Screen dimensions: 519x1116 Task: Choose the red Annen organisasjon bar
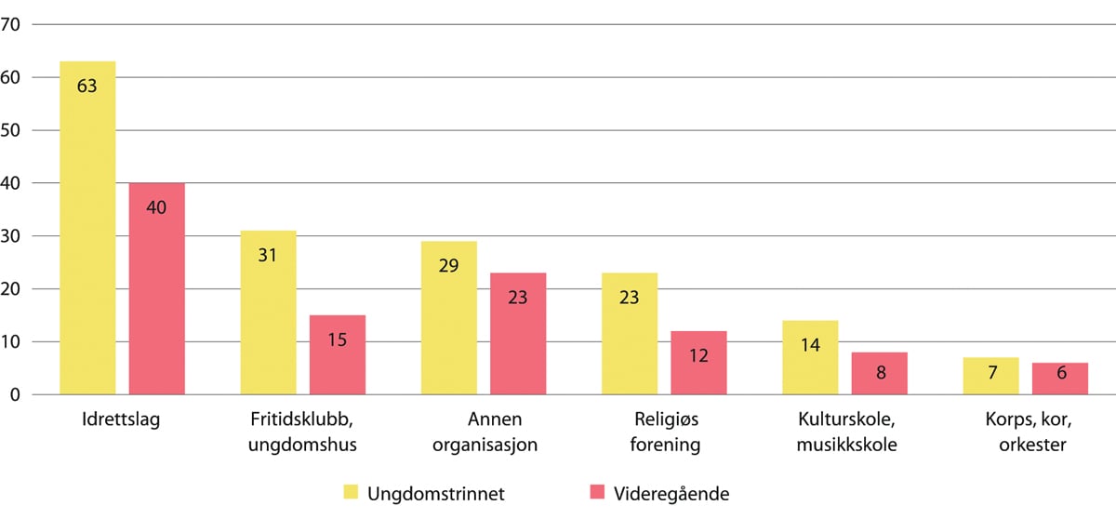tap(517, 334)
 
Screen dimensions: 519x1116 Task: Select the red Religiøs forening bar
tap(698, 363)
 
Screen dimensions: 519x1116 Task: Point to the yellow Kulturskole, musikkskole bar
tap(810, 358)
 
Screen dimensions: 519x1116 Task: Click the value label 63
tap(87, 86)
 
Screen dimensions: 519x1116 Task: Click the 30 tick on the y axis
tap(12, 235)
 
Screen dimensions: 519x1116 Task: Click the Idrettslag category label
tap(121, 419)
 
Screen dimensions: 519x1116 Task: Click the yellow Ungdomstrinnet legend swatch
tap(351, 492)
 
